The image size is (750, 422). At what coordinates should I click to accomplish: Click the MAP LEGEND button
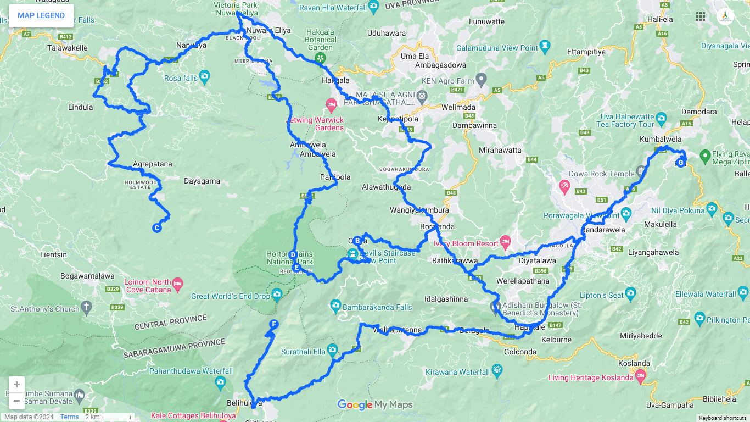[41, 15]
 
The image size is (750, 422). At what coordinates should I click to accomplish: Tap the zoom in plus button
[17, 384]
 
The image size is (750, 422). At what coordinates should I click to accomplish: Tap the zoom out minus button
[17, 401]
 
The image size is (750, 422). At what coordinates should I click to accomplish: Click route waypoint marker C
[156, 228]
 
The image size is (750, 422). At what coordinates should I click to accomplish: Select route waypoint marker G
[681, 163]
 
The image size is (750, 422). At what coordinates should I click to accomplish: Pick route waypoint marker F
[273, 324]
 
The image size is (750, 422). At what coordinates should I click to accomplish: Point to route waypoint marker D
[293, 255]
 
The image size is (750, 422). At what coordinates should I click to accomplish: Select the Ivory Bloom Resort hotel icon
[505, 242]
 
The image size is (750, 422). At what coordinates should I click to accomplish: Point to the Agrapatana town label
[152, 164]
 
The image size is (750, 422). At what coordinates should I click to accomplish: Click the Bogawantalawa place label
[87, 276]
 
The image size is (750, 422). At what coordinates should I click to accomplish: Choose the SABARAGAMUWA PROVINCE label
[174, 346]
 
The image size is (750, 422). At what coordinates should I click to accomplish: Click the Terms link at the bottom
[69, 417]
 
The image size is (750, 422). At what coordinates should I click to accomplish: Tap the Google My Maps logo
[374, 405]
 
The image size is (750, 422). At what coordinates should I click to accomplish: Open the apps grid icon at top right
[701, 16]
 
